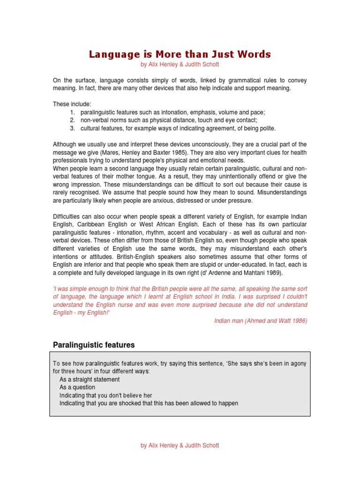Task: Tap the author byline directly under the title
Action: click(x=180, y=64)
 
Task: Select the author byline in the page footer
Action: click(x=180, y=445)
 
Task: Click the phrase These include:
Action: click(x=72, y=104)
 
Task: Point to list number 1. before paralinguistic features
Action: click(x=73, y=112)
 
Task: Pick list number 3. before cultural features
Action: click(x=73, y=128)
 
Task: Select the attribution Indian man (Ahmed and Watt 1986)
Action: click(x=261, y=321)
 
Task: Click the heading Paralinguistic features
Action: click(x=94, y=345)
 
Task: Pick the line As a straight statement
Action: click(x=90, y=379)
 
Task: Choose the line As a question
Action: click(x=77, y=387)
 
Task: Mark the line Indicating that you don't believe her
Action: click(x=106, y=395)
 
